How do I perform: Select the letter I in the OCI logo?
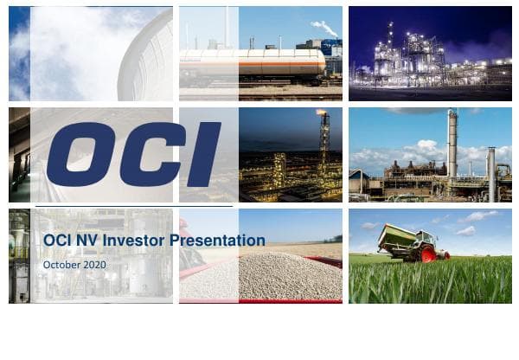tap(202, 153)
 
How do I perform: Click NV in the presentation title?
tap(81, 241)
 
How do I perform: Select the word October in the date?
tap(60, 263)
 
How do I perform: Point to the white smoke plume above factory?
tap(325, 28)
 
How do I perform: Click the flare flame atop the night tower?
tap(323, 112)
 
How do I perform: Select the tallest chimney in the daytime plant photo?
tap(452, 143)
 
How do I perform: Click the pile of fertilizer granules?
tap(259, 277)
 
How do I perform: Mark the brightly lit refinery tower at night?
tap(390, 52)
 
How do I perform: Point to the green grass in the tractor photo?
tap(432, 281)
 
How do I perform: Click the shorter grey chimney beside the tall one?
tap(491, 173)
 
